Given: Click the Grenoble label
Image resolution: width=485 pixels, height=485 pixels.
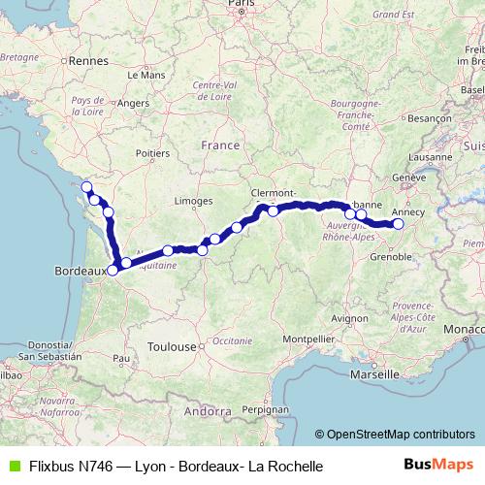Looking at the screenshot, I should point(391,258).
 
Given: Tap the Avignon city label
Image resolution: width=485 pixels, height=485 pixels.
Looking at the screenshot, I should point(347,317).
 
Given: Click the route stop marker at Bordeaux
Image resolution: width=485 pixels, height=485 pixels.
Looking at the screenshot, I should point(113,271).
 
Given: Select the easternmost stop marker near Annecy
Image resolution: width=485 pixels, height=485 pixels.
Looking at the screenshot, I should point(398,224).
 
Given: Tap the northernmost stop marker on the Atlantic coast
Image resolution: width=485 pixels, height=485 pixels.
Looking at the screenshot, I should point(85,186).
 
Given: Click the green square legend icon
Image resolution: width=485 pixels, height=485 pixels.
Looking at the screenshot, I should point(14,467).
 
